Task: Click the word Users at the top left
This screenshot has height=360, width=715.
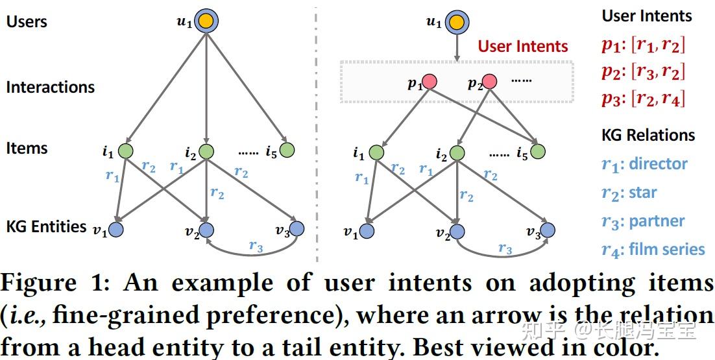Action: [x=27, y=21]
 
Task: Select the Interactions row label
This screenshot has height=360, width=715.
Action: [x=50, y=87]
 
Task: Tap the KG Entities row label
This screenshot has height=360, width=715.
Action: [x=46, y=226]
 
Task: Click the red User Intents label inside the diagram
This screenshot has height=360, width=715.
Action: [x=523, y=46]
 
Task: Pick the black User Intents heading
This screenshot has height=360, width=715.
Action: [x=646, y=16]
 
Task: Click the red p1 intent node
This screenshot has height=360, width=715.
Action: [x=429, y=82]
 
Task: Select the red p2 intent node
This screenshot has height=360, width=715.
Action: [x=489, y=82]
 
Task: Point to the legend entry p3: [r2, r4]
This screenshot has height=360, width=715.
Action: [x=642, y=99]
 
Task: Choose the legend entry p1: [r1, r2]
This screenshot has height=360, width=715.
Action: [x=642, y=45]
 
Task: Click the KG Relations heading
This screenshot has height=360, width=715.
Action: [x=648, y=135]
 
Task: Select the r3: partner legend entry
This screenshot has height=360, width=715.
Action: [x=642, y=221]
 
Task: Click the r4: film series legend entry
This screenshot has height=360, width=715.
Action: [x=653, y=250]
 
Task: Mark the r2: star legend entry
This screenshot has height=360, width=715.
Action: [x=629, y=193]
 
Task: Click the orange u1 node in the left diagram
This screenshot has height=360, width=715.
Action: [x=206, y=21]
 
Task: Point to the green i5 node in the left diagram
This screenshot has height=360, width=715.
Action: [x=287, y=150]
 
